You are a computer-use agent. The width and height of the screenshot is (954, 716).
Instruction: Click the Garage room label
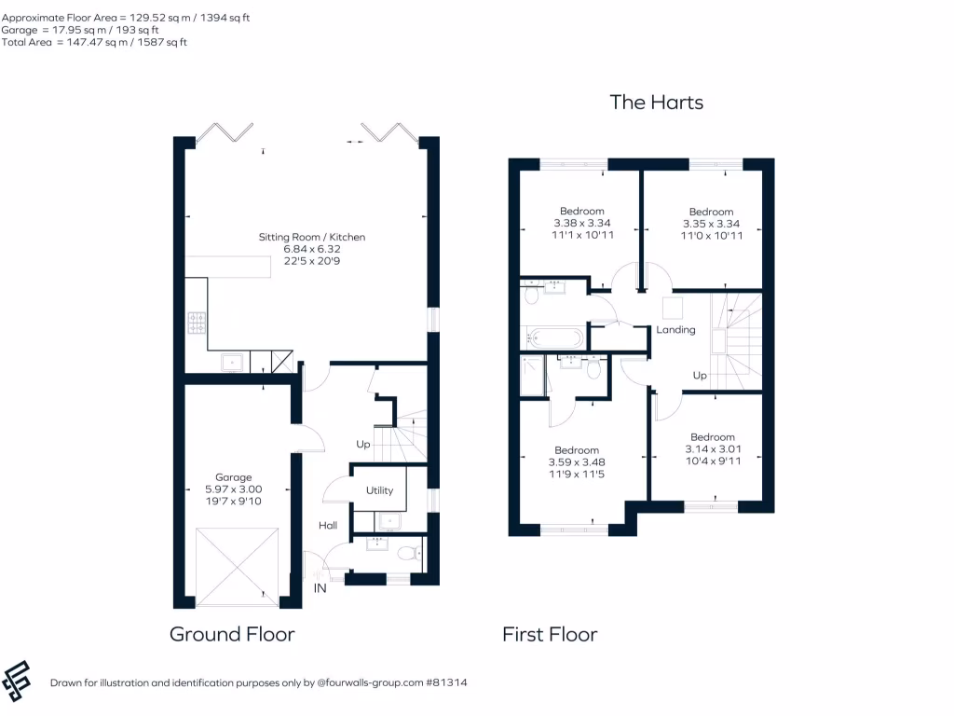click(x=233, y=477)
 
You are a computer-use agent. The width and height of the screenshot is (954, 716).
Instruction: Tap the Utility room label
click(x=379, y=490)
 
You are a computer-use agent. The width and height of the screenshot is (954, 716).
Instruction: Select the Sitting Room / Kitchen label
click(x=312, y=237)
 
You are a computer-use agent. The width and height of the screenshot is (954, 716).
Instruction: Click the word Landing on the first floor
click(x=675, y=330)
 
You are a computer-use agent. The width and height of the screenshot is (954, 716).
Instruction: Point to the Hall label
click(x=328, y=526)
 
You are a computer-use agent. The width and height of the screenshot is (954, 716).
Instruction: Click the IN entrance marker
click(x=320, y=588)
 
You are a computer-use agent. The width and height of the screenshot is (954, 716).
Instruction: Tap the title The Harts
click(x=656, y=103)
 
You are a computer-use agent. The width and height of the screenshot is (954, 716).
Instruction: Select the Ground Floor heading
click(x=232, y=635)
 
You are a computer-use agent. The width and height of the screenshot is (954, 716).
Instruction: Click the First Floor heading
click(x=550, y=635)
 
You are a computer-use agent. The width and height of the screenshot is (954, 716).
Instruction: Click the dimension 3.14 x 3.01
click(x=712, y=448)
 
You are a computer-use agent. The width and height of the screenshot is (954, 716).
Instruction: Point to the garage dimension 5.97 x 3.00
click(x=233, y=489)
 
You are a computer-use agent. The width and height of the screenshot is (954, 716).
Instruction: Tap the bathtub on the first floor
click(x=553, y=337)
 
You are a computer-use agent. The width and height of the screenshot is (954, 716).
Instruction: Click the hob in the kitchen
click(x=198, y=323)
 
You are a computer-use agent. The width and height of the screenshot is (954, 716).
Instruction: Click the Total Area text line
click(x=94, y=43)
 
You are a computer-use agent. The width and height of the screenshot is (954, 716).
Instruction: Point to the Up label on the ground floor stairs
click(x=363, y=444)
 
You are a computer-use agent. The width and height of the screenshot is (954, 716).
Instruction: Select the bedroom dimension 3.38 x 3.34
click(x=581, y=224)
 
